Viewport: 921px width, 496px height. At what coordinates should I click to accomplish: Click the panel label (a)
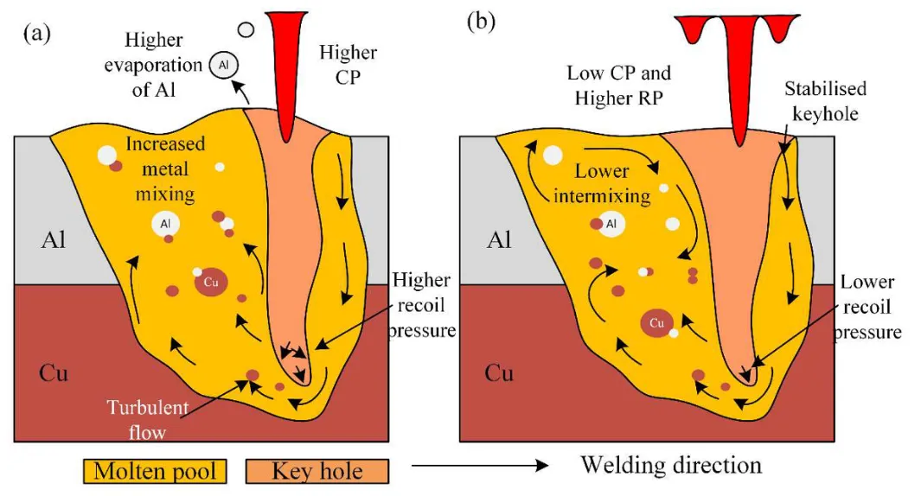coord(37,34)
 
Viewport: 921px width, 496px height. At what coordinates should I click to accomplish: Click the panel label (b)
coord(481,22)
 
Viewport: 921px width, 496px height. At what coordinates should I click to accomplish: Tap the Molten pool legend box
coord(155,471)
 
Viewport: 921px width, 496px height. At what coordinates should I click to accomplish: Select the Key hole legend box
coord(317,471)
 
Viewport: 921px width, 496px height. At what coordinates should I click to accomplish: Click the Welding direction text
coord(671,465)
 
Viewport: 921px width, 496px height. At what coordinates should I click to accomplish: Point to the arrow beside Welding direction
coord(479,466)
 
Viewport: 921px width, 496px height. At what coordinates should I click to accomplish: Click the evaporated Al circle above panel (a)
coord(224,65)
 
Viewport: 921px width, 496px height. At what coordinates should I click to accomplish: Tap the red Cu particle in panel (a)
coord(211,283)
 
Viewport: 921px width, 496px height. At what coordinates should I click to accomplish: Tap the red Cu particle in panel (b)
coord(656,323)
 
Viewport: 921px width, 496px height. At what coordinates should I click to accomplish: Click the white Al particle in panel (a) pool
coord(166,224)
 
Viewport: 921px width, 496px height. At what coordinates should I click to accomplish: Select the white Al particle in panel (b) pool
coord(611,224)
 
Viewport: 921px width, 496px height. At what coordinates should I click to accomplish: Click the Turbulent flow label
coord(147,420)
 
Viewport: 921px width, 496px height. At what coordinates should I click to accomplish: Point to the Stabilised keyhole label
coord(825,101)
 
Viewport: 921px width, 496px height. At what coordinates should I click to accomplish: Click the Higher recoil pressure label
coord(422,305)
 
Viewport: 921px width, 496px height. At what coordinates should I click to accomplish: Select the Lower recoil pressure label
coord(867,307)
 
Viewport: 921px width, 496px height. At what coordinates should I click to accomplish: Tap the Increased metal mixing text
coord(165,169)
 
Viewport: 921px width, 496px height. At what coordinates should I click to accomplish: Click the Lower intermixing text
coord(602,183)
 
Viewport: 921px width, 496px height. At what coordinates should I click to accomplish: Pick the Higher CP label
coord(348,65)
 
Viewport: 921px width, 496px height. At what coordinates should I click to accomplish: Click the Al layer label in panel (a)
coord(54,240)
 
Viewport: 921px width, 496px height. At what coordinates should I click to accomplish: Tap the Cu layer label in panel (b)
coord(499,373)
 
